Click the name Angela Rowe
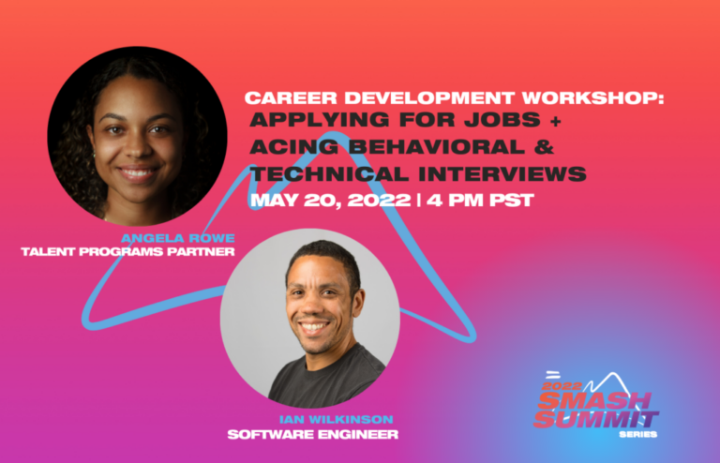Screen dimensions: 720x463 click(178, 238)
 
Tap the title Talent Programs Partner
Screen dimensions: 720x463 click(127, 251)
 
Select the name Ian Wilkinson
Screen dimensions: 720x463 click(337, 419)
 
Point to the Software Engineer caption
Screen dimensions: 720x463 click(313, 434)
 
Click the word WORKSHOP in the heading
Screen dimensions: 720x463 click(592, 97)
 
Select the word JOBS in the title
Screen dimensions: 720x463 click(502, 120)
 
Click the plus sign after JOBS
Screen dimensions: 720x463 click(555, 121)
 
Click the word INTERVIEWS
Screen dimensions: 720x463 click(502, 174)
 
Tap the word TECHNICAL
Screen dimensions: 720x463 click(329, 174)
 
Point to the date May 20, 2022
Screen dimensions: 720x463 click(331, 201)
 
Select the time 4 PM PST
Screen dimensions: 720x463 click(480, 201)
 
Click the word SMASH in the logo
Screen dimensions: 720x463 click(594, 400)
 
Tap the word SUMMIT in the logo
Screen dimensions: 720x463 click(596, 419)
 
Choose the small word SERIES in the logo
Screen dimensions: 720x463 click(637, 434)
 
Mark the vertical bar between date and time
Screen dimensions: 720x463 click(419, 201)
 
